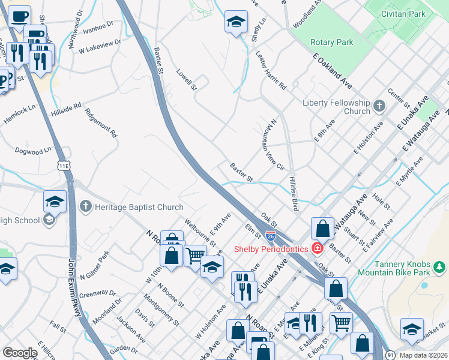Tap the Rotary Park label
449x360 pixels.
(x=332, y=42)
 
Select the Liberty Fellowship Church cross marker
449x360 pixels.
(x=379, y=106)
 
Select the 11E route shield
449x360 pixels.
(x=64, y=164)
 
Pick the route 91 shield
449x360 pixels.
(x=390, y=355)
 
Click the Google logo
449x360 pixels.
(x=20, y=353)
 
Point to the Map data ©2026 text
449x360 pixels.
(x=423, y=355)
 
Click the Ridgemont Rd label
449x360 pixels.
(x=100, y=123)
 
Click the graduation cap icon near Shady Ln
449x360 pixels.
(x=237, y=22)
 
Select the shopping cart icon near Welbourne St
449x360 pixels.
(x=195, y=256)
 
